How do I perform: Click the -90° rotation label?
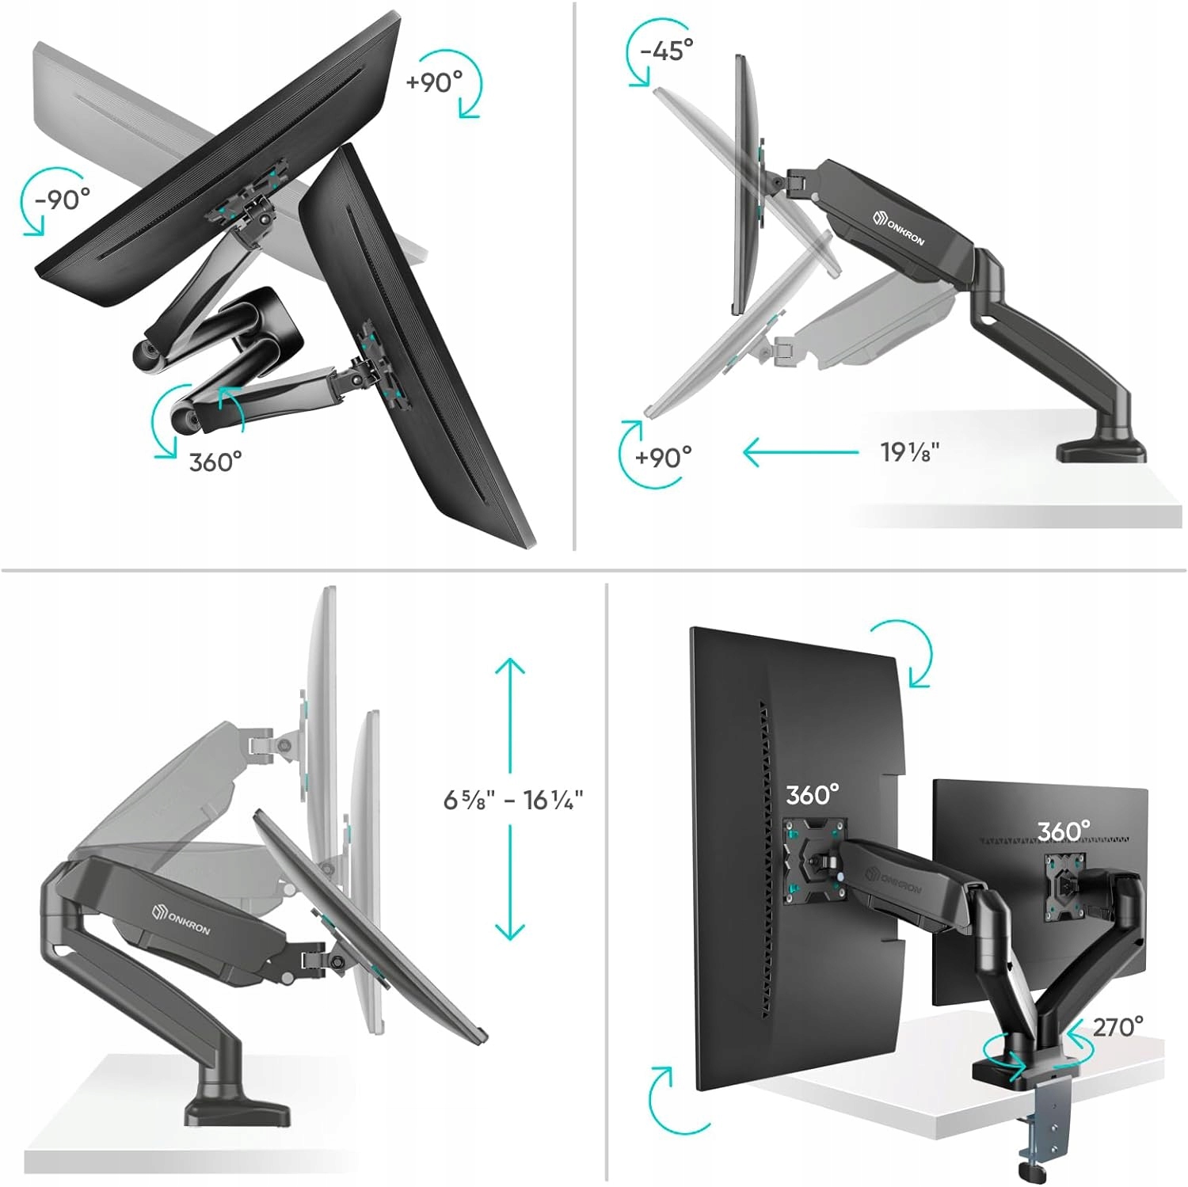click(63, 199)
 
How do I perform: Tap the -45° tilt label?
click(667, 51)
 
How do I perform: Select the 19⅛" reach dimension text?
click(910, 452)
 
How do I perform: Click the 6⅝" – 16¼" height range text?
click(513, 800)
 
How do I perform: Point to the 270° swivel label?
click(1118, 1027)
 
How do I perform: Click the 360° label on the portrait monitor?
click(813, 794)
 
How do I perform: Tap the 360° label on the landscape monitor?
click(1064, 831)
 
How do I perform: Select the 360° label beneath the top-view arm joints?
click(215, 462)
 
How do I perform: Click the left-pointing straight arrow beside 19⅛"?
click(801, 453)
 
